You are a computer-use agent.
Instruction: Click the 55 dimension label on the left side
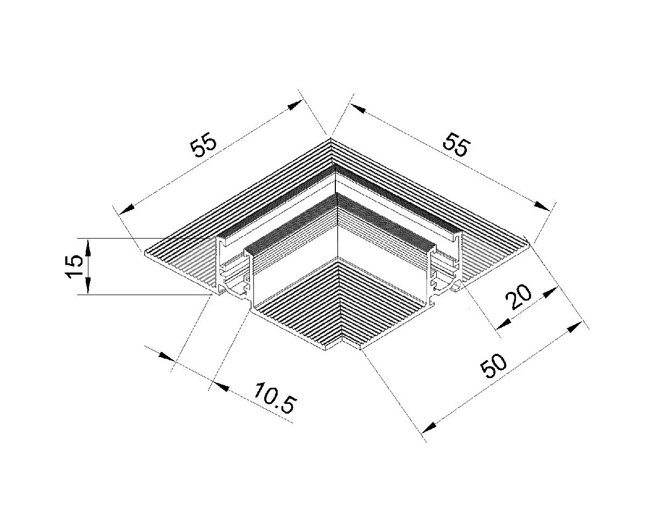click(x=204, y=146)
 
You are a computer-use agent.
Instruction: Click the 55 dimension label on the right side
click(x=457, y=145)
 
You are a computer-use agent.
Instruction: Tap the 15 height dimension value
click(x=74, y=266)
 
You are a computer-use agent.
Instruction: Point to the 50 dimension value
click(x=494, y=366)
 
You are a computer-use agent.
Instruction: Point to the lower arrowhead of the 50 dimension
click(x=428, y=428)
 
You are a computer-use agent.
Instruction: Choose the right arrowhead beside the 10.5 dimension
click(x=222, y=386)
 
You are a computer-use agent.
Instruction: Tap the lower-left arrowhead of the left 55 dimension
click(x=126, y=208)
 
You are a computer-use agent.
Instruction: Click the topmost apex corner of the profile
click(x=330, y=138)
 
